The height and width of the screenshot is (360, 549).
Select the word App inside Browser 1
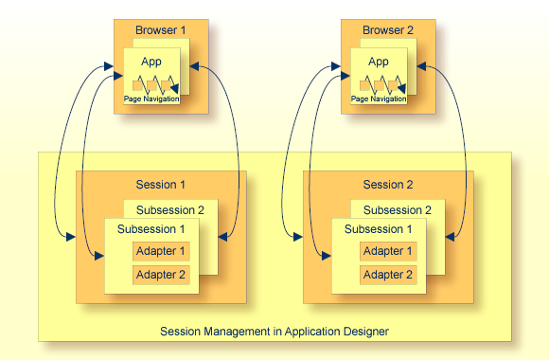(x=151, y=63)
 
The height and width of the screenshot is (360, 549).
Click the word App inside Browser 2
(x=379, y=63)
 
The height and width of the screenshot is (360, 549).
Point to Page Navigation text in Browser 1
(x=151, y=99)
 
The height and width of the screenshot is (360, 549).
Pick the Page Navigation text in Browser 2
(x=379, y=99)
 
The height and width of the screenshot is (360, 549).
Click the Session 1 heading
(x=161, y=185)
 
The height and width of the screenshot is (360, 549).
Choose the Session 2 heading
(x=388, y=185)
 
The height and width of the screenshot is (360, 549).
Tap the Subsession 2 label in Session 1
(x=170, y=209)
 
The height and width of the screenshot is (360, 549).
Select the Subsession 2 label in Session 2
(x=398, y=209)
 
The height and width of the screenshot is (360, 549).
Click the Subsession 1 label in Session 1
(x=151, y=229)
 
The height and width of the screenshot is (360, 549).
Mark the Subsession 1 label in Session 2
(x=379, y=229)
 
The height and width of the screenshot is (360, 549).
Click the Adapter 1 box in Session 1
(x=161, y=252)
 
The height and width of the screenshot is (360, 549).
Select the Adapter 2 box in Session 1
(x=161, y=275)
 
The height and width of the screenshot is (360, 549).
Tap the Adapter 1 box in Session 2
(x=388, y=252)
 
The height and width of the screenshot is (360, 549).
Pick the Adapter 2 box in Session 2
(x=388, y=275)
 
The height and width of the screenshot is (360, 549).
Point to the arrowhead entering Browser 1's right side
(x=194, y=66)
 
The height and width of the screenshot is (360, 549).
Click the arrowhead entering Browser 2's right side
(x=421, y=66)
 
